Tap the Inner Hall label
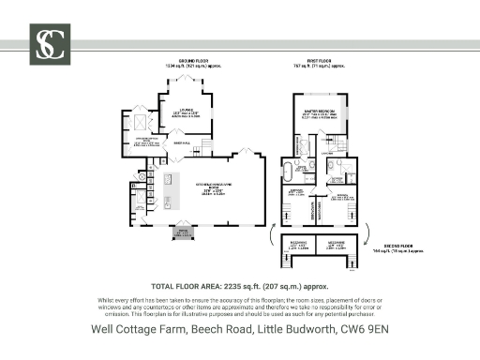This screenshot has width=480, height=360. coord(180,142)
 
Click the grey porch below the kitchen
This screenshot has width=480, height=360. coord(183,232)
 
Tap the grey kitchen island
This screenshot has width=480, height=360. coord(171,191)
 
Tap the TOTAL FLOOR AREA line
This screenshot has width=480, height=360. coord(239,285)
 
